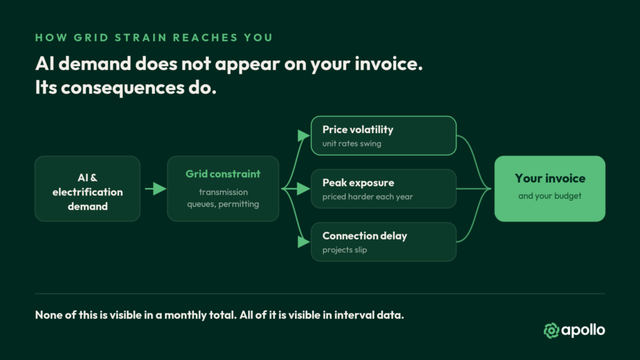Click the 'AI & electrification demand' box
87,189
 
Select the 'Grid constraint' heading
223,174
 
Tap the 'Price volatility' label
358,130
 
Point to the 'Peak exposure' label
358,182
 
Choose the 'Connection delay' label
365,236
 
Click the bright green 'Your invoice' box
550,189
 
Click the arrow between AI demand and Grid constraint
156,189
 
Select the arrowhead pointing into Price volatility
304,136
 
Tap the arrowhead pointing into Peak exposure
304,189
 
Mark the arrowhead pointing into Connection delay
304,242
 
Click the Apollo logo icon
551,330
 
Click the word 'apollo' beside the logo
583,330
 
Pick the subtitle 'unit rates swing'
352,144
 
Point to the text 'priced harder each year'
367,197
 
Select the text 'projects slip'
344,250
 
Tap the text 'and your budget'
550,196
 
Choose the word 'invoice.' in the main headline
389,64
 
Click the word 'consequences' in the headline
122,87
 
